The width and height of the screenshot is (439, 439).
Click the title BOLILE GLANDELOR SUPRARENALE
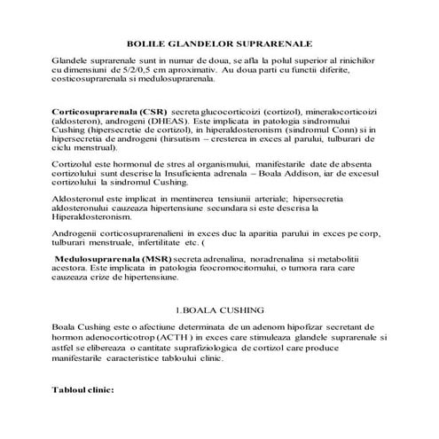click(x=220, y=42)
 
